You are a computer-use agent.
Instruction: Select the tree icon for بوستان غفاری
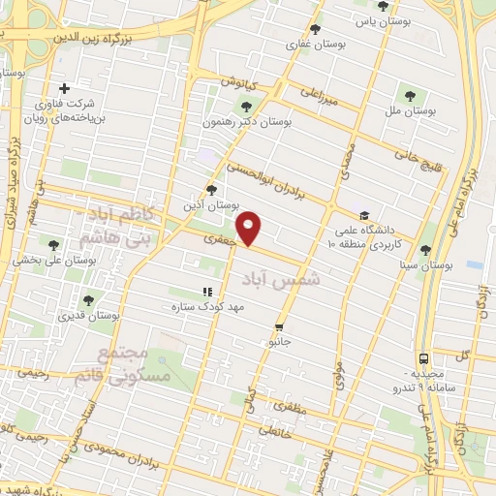pos(316,29)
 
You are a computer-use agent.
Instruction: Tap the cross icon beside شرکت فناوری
pos(65,89)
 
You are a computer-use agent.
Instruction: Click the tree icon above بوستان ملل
pos(411,95)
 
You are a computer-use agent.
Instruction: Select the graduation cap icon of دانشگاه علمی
pos(364,216)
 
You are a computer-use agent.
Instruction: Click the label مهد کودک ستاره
pos(206,306)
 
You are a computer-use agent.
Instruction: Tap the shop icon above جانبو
pos(279,327)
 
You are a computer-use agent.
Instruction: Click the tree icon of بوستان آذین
pos(211,190)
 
